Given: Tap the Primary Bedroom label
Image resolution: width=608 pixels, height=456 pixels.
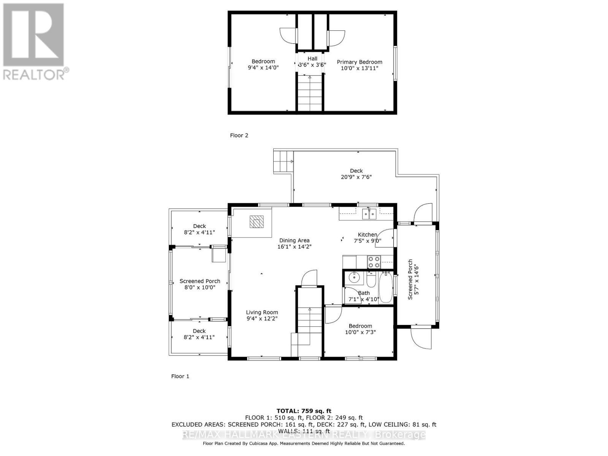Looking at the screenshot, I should tap(359, 62).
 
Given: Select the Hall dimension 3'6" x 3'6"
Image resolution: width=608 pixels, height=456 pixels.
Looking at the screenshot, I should tap(312, 65).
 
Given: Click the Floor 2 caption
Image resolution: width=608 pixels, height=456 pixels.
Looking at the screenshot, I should tap(239, 135).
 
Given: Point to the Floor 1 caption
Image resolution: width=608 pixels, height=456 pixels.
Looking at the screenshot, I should tap(180, 376).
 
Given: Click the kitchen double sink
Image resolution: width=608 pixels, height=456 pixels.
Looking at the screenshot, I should tap(369, 214).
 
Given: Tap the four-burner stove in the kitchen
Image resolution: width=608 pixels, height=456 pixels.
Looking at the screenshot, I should tap(374, 262).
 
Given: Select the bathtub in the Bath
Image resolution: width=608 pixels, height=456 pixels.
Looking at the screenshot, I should tap(386, 287).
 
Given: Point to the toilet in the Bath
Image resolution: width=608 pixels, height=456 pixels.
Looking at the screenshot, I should tap(371, 280).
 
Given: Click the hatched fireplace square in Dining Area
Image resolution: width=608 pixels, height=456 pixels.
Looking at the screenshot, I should tap(256, 222).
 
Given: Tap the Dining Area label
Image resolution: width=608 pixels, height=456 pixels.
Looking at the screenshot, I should tap(294, 240).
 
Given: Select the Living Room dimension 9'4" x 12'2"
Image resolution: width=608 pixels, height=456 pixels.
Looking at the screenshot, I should tap(262, 319).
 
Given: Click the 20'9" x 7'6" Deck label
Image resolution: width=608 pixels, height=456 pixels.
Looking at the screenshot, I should tap(356, 177).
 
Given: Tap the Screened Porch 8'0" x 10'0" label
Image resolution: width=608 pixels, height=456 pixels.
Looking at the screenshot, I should tap(200, 284).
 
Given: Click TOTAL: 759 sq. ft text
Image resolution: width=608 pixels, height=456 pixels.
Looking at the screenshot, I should tap(304, 411).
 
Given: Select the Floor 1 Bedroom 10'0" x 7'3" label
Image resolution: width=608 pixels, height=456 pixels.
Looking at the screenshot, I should tap(360, 329).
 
